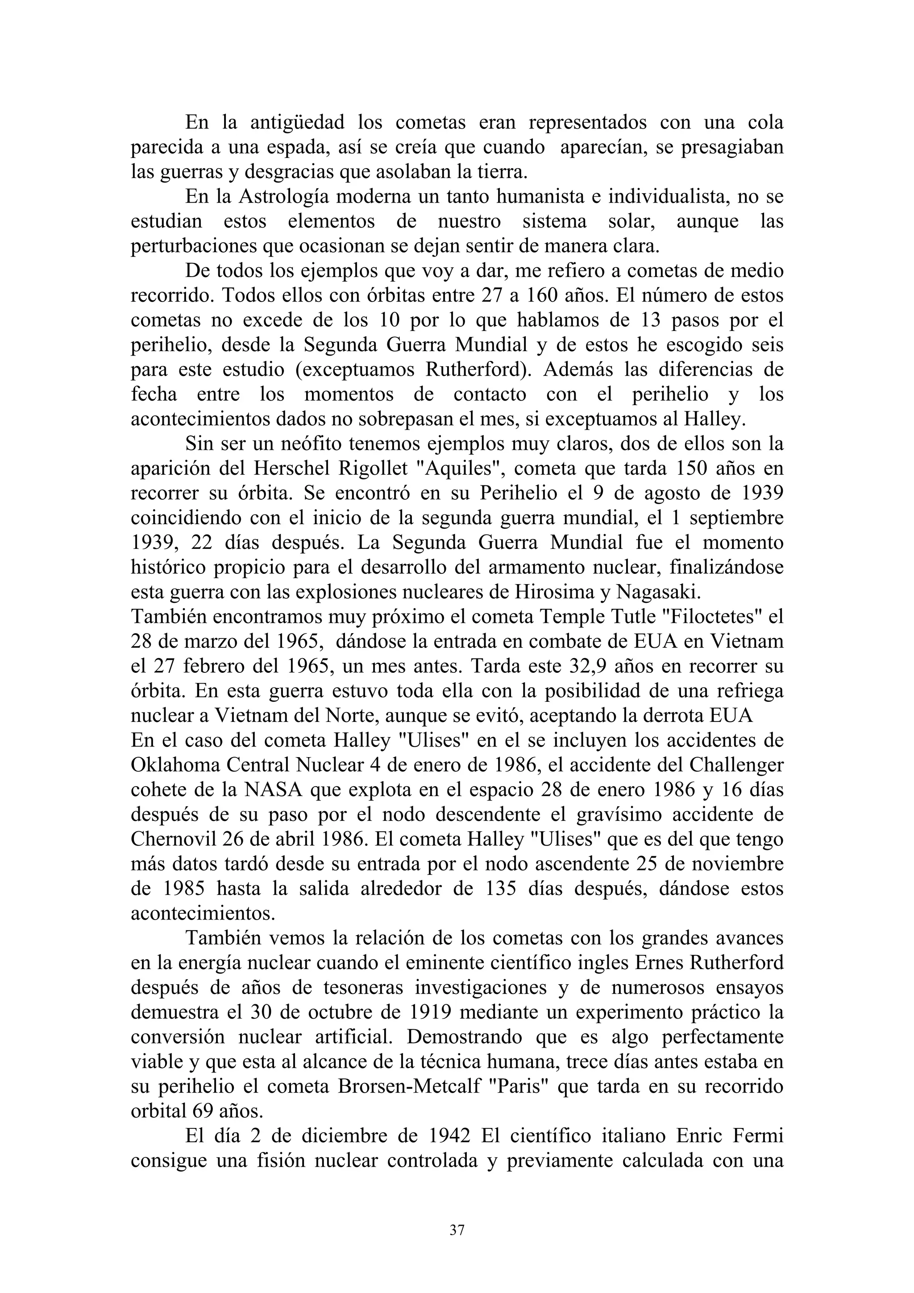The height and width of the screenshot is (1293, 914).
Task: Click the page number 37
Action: pos(457,1231)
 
